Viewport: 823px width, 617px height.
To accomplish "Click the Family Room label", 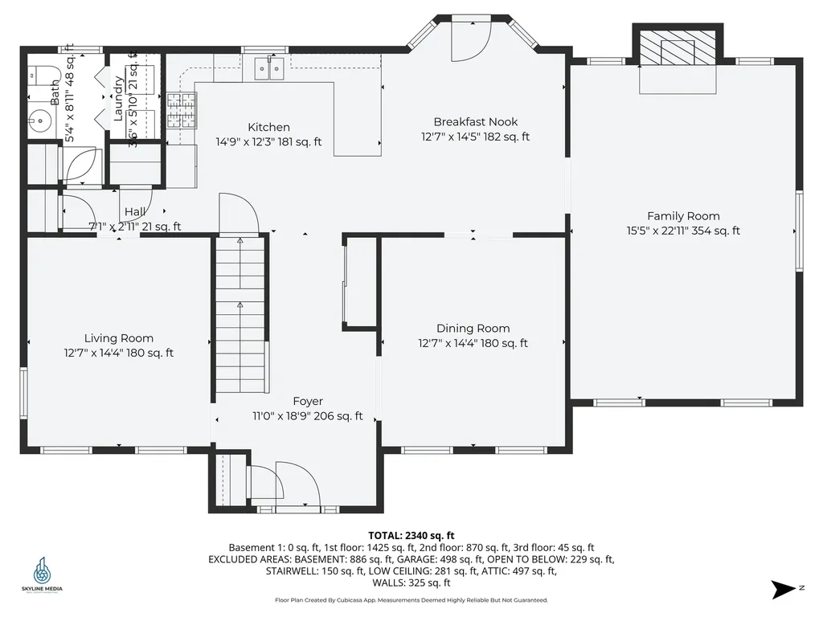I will [x=683, y=216].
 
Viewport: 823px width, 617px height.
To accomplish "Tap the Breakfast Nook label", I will [x=475, y=122].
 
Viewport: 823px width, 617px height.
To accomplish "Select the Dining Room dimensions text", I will [x=473, y=343].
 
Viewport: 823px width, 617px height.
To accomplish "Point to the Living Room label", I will [x=119, y=338].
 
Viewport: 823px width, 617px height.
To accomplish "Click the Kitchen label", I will [x=268, y=128].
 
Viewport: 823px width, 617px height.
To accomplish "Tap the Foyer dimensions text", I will [x=308, y=416].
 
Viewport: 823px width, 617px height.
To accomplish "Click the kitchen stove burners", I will [x=181, y=110].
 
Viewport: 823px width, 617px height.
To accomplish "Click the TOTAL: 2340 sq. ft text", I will [x=411, y=535].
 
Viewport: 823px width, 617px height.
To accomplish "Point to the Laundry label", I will [x=118, y=99].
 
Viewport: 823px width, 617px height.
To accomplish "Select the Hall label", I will [x=134, y=212].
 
